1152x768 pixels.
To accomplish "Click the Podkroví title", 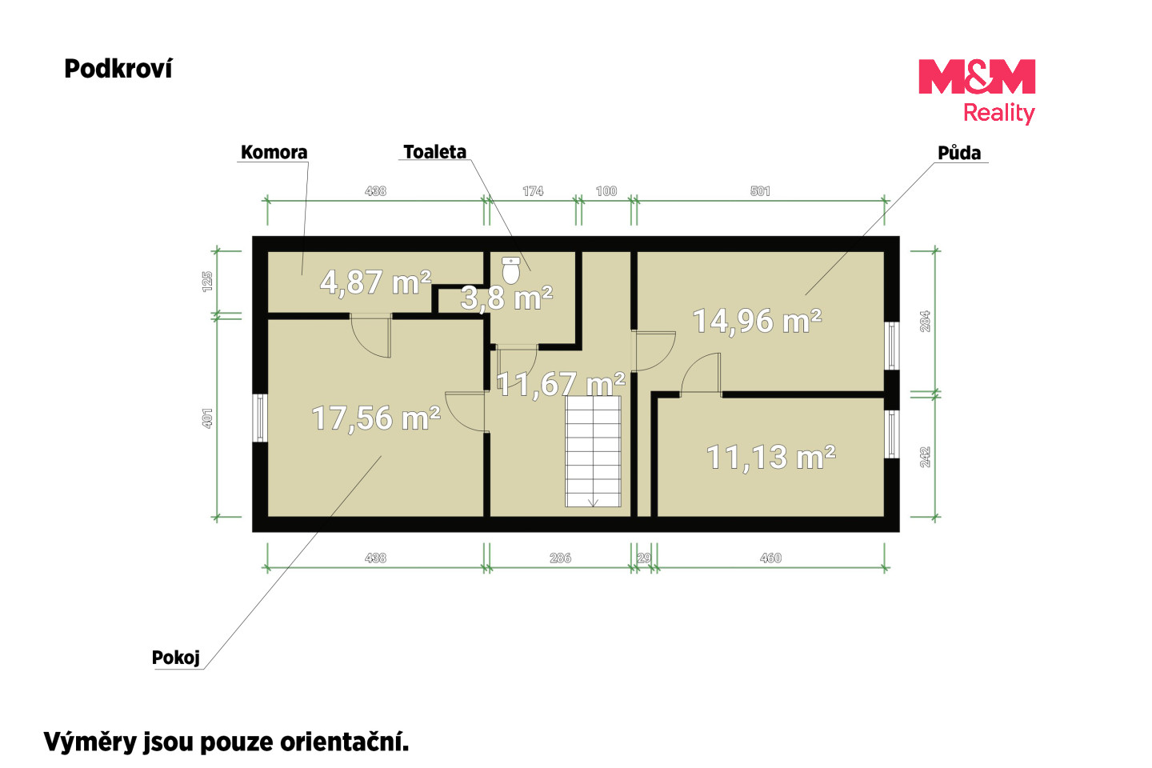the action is point(118,69).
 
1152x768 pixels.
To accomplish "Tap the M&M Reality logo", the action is point(977,91).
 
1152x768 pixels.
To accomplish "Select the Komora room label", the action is point(274,152).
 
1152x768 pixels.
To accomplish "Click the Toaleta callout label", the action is point(434,152).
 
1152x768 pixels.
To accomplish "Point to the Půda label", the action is point(959,152).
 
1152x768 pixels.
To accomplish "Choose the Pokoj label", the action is point(175,658).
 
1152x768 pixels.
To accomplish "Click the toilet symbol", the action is point(510,270).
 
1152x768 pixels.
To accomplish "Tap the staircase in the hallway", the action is point(593,451).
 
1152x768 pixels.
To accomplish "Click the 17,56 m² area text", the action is point(376,418).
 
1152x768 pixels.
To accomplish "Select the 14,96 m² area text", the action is point(757,321).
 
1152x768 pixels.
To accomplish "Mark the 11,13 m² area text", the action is point(771,457).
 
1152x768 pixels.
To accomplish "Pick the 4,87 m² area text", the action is point(375,282).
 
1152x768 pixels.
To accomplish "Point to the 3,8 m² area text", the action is point(506,298).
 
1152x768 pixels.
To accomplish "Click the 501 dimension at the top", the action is point(760,191).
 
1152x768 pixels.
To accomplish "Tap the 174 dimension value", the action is point(533,191).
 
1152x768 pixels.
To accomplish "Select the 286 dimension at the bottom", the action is point(560,558).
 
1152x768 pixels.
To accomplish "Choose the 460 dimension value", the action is point(770,558).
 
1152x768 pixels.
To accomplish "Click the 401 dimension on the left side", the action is point(206,418).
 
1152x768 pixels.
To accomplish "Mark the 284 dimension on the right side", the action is point(925,322).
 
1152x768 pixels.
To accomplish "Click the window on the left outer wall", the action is point(260,418).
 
